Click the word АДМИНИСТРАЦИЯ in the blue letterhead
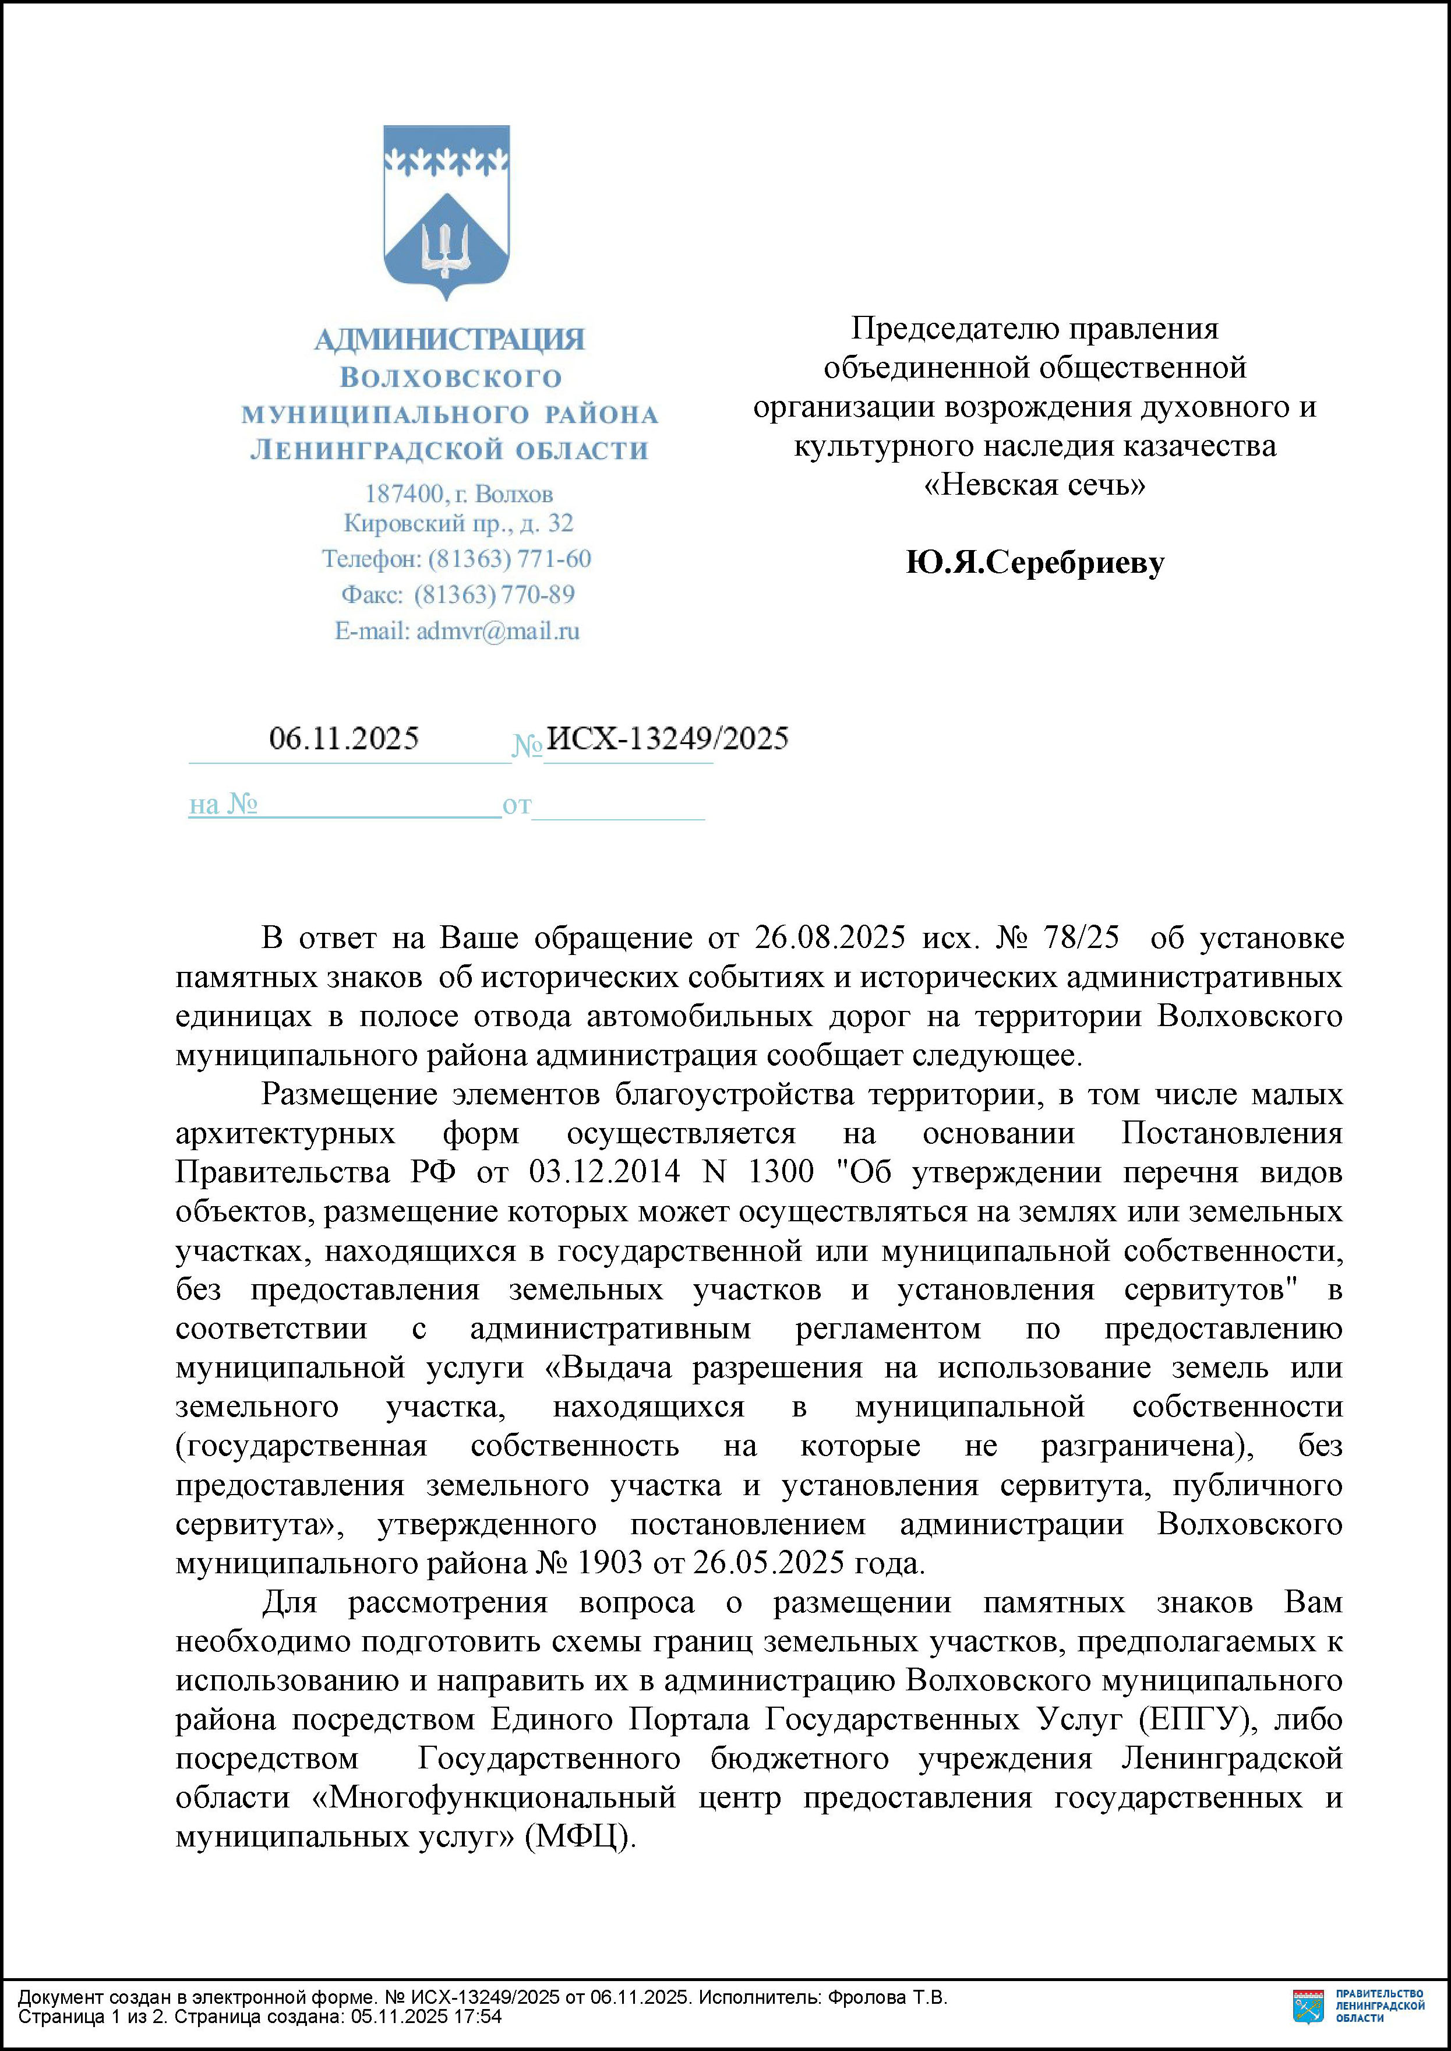click(x=450, y=340)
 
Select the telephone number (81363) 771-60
click(x=509, y=559)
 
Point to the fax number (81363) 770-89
click(x=494, y=594)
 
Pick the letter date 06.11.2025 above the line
click(x=344, y=738)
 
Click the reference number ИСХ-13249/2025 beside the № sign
click(x=666, y=738)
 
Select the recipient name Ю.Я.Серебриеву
click(x=1035, y=562)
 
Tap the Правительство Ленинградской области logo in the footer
click(x=1358, y=2006)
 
